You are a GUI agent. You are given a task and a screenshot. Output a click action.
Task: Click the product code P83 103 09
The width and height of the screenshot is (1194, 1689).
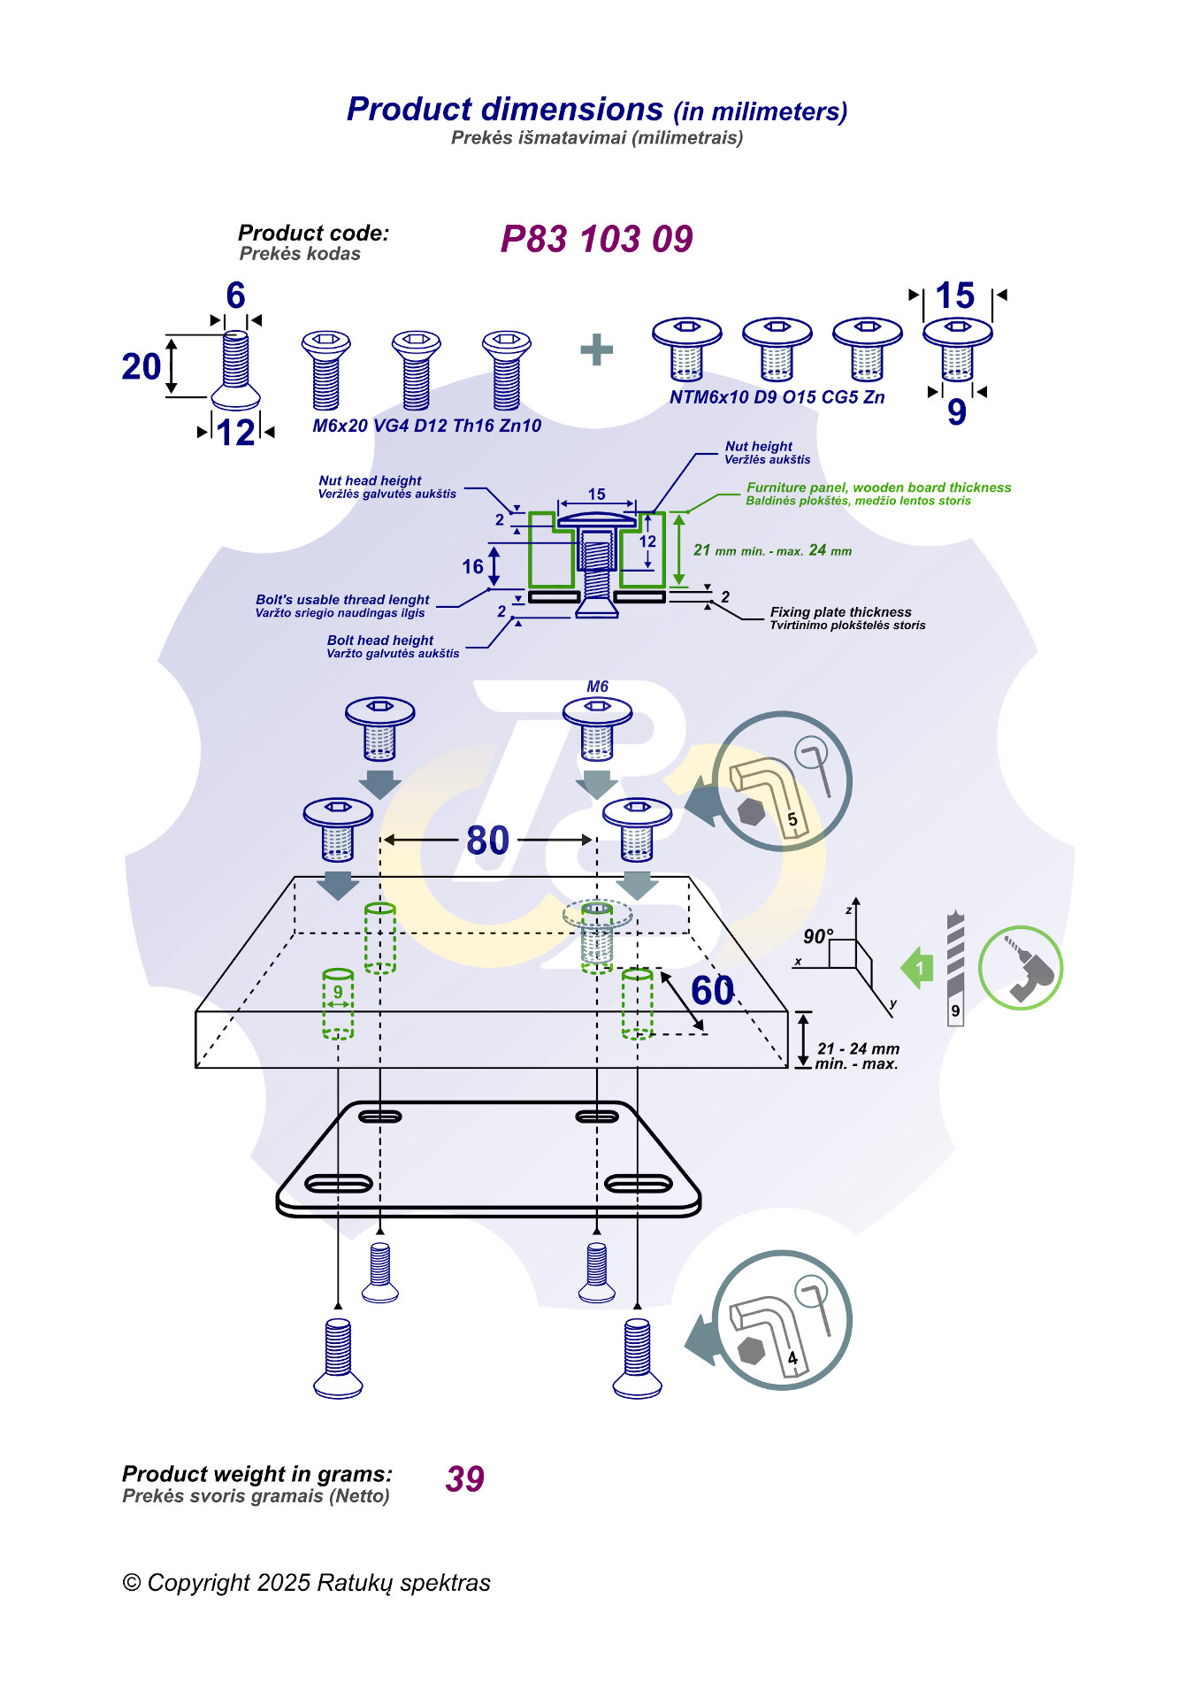596,239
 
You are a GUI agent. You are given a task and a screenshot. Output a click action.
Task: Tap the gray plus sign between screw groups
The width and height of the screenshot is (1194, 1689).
597,349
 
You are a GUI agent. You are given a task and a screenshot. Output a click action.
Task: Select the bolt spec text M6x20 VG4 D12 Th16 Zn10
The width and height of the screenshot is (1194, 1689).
426,426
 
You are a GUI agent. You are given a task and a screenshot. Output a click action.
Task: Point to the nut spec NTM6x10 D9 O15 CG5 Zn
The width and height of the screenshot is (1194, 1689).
777,397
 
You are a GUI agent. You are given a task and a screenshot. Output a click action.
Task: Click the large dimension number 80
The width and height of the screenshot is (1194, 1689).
488,841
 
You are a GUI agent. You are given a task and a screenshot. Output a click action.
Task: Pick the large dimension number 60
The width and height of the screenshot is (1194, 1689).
712,991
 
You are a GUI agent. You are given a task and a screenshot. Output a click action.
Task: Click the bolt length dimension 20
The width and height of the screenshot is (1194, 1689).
142,366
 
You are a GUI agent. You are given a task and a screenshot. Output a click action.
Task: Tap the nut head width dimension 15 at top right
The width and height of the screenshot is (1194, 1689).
955,296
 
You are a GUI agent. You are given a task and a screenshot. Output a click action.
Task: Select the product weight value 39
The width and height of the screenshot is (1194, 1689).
465,1478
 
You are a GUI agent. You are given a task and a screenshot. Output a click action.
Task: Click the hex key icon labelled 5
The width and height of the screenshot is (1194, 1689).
781,782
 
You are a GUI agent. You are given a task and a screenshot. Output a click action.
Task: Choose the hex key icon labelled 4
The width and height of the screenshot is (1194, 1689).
781,1320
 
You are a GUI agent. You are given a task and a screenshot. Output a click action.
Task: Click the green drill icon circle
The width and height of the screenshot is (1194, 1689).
1021,969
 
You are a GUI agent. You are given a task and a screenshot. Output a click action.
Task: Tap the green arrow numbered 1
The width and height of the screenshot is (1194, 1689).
917,968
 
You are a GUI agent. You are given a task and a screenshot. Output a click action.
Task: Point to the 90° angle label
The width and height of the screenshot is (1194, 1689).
818,936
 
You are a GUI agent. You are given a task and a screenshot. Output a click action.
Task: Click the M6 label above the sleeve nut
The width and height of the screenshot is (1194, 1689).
597,687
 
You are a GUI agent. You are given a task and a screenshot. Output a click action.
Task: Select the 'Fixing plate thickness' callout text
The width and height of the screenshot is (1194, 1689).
840,612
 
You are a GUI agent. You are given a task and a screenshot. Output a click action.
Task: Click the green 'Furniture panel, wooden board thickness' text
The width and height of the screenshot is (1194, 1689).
878,488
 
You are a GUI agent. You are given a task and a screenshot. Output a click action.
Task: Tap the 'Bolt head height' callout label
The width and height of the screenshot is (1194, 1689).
380,640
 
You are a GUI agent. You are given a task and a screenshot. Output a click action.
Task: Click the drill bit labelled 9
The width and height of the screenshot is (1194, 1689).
955,969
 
